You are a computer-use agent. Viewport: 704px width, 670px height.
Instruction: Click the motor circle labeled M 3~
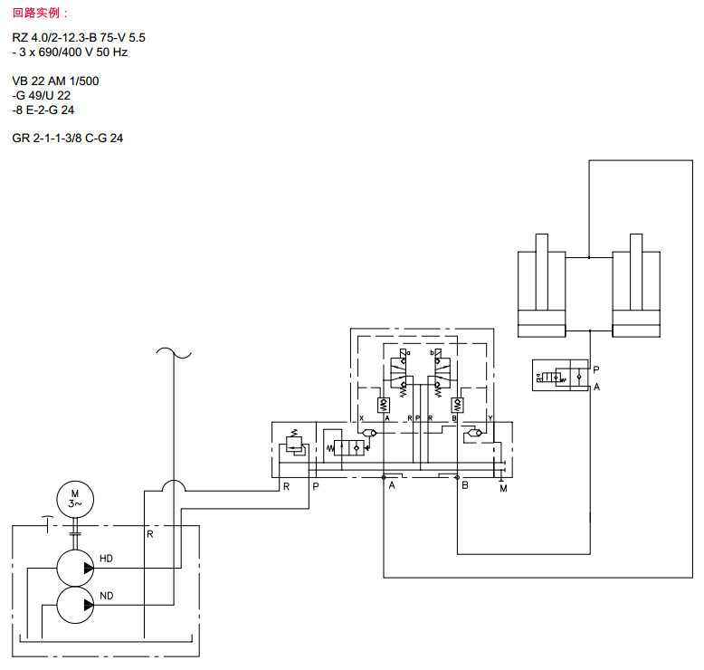pyautogui.click(x=74, y=498)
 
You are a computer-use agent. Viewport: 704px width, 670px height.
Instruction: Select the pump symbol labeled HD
pyautogui.click(x=75, y=568)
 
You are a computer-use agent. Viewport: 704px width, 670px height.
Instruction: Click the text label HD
pyautogui.click(x=106, y=559)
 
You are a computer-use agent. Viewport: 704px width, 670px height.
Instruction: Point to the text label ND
pyautogui.click(x=106, y=595)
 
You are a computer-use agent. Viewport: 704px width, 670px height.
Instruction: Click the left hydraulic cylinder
pyautogui.click(x=541, y=284)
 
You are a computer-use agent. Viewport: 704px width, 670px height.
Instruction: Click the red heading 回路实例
pyautogui.click(x=40, y=13)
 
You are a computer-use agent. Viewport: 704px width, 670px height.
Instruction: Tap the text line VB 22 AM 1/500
pyautogui.click(x=56, y=81)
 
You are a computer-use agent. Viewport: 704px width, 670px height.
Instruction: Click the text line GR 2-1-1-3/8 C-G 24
pyautogui.click(x=68, y=139)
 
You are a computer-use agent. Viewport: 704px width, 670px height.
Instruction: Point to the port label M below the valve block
pyautogui.click(x=502, y=490)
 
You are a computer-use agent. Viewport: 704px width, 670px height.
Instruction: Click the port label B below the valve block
pyautogui.click(x=464, y=486)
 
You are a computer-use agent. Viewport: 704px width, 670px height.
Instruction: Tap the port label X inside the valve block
pyautogui.click(x=361, y=418)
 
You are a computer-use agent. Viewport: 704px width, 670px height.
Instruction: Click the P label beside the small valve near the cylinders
pyautogui.click(x=595, y=368)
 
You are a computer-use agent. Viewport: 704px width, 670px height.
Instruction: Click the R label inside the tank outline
pyautogui.click(x=150, y=533)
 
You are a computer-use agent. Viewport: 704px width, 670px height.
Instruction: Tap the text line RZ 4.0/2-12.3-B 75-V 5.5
pyautogui.click(x=79, y=37)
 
